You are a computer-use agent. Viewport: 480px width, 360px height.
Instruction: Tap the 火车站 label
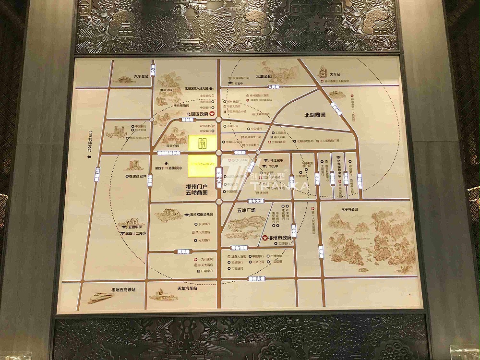(332, 75)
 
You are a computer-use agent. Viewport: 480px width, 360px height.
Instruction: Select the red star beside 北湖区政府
(212, 114)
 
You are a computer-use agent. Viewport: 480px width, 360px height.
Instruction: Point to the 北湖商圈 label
(315, 115)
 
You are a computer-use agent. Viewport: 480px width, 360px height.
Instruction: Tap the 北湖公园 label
(264, 76)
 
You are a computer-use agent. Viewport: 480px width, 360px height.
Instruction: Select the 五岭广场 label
(246, 210)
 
